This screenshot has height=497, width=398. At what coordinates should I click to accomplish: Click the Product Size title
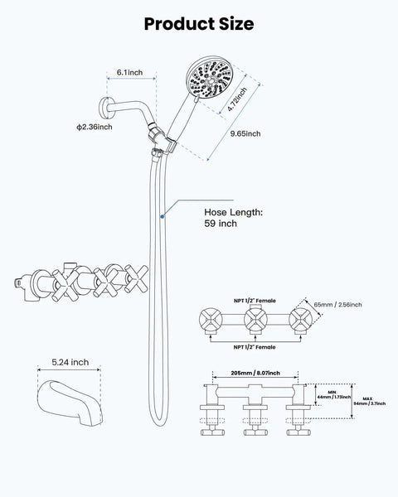(x=199, y=24)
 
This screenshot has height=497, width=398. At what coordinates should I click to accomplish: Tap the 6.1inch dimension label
(x=130, y=72)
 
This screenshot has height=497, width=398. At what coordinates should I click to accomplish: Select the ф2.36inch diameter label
(x=95, y=127)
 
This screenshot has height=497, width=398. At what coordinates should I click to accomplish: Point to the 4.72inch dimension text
(x=237, y=99)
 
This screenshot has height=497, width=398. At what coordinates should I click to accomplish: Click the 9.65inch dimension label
(x=245, y=133)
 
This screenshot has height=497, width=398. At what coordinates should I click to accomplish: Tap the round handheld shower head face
(x=210, y=79)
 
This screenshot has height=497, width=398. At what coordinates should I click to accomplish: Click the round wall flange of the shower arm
(x=104, y=108)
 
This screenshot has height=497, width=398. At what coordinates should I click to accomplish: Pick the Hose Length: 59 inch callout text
(x=233, y=218)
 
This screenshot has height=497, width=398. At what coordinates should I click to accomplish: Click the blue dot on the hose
(x=163, y=216)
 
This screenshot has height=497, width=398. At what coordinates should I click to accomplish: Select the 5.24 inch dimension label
(x=70, y=362)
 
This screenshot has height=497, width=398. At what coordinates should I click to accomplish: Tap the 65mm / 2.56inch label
(x=337, y=305)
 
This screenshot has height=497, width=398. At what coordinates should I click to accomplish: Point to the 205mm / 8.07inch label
(x=255, y=373)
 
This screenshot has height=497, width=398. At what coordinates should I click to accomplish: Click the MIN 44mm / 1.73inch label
(x=334, y=394)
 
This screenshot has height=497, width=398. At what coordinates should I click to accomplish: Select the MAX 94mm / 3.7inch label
(x=370, y=401)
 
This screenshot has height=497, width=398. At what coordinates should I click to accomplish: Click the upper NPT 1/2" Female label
(x=255, y=301)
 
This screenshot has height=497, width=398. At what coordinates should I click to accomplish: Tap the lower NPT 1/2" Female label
(x=255, y=347)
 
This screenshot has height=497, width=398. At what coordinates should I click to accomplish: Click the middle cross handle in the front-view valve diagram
(x=255, y=320)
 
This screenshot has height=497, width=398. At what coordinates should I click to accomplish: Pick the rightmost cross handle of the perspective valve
(x=137, y=278)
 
